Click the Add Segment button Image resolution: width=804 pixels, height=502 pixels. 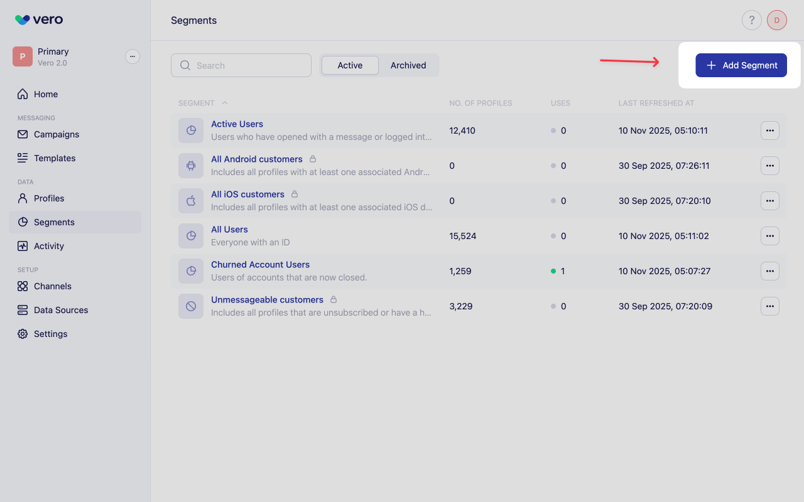point(741,65)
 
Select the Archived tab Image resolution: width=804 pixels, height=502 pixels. point(408,65)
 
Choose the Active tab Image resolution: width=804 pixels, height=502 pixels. point(350,65)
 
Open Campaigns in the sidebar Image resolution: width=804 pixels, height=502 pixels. point(57,134)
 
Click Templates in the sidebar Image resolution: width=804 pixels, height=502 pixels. point(55,158)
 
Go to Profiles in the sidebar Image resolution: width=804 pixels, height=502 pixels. point(49,198)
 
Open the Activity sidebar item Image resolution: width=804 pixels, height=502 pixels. point(49,246)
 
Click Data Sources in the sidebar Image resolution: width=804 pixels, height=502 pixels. point(61,310)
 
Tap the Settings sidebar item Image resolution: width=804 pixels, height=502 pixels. point(50,334)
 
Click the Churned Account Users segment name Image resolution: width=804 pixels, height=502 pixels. point(260,265)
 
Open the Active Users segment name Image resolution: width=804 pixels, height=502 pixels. point(237,124)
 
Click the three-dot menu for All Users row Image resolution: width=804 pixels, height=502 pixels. point(770,236)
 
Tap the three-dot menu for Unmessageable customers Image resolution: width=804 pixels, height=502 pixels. point(770,306)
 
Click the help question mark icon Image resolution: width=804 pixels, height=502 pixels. point(752,20)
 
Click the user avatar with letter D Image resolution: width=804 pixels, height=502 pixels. point(777,20)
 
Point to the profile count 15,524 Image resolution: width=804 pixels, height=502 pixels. point(463,236)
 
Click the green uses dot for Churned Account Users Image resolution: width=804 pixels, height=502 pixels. point(553,271)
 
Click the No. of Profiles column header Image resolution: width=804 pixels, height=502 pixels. point(481,103)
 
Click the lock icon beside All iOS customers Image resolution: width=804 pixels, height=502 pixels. point(295,194)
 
